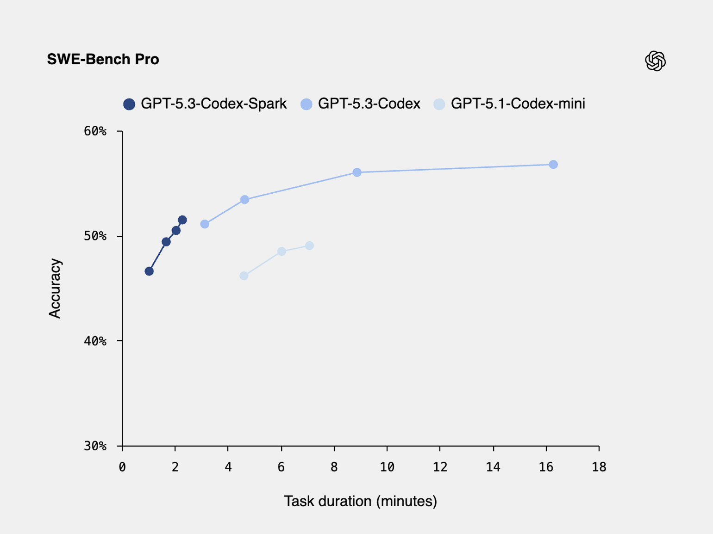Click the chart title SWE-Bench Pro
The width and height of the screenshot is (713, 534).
click(103, 59)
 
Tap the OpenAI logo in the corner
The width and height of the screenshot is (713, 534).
click(655, 61)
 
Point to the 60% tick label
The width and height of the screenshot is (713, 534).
click(95, 131)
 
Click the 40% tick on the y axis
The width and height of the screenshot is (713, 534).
click(95, 341)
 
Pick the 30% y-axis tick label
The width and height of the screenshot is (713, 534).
click(95, 446)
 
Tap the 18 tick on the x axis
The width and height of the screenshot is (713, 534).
click(599, 467)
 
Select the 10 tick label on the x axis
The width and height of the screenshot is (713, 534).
click(387, 467)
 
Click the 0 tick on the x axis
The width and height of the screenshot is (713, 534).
click(122, 467)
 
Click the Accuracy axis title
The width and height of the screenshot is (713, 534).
click(55, 288)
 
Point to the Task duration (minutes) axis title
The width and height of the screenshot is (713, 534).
click(360, 501)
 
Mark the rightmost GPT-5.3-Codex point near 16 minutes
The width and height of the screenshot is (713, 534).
click(553, 165)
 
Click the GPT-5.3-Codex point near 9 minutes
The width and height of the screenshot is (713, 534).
click(357, 172)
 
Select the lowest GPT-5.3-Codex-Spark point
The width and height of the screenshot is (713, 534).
click(149, 271)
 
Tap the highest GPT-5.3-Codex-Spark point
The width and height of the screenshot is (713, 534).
click(182, 220)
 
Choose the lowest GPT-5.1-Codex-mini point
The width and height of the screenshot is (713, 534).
click(244, 276)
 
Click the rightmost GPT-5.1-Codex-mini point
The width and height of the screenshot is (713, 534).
click(309, 246)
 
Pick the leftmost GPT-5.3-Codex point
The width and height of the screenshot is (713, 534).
click(205, 224)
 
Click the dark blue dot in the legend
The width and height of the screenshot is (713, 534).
click(129, 104)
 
